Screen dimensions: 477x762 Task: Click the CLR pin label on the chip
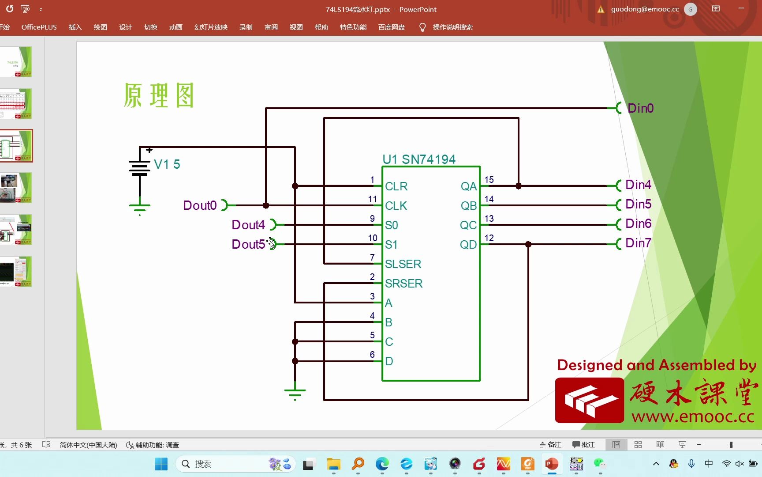tap(396, 186)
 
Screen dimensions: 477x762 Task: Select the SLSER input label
tap(403, 264)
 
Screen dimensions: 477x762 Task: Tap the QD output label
tap(468, 245)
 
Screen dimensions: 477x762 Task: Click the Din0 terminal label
tap(640, 108)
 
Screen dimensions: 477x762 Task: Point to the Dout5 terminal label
tap(248, 244)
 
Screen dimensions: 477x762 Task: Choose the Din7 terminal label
tap(638, 243)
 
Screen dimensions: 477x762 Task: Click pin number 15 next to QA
tap(489, 180)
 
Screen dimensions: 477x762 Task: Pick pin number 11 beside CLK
tap(373, 199)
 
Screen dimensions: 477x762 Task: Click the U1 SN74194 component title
tap(419, 159)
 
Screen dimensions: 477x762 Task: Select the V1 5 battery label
tap(167, 164)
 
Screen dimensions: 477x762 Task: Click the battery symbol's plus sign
tap(149, 150)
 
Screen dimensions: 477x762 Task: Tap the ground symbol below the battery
tap(140, 207)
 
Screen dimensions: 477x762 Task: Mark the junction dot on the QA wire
tap(519, 186)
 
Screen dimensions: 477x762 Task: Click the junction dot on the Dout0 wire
tap(266, 205)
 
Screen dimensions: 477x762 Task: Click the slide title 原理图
tap(159, 95)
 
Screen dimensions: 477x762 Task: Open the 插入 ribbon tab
tap(75, 27)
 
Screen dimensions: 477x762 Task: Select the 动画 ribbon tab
tap(176, 27)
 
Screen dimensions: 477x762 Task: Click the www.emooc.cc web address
tap(692, 416)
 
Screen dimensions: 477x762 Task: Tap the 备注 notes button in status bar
tap(551, 445)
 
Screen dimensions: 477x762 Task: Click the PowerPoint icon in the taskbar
tap(552, 464)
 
